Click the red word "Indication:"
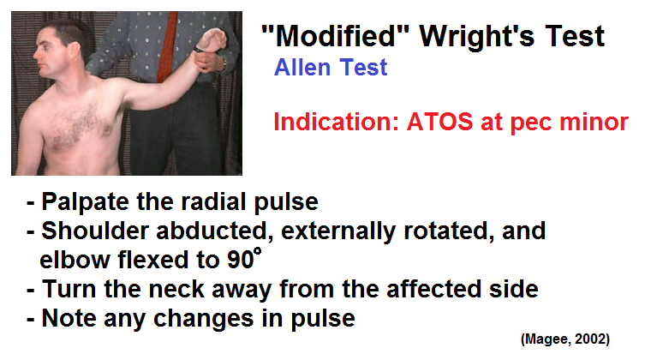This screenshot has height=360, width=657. (x=336, y=122)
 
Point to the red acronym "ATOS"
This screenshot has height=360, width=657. (x=440, y=122)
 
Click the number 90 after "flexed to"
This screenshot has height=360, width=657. (x=241, y=260)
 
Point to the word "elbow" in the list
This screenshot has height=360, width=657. (x=75, y=260)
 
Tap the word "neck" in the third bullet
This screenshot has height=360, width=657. (x=176, y=289)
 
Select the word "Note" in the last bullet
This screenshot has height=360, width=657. (x=69, y=318)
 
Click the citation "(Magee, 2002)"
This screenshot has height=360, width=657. (x=565, y=339)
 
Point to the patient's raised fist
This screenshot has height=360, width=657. (x=212, y=40)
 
